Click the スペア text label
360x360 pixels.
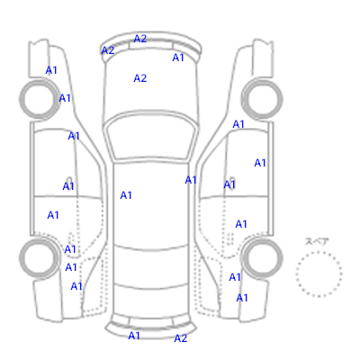click(x=317, y=241)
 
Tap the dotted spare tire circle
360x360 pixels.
click(x=319, y=252)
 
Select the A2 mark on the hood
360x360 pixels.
click(x=140, y=78)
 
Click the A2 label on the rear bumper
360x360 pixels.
click(x=181, y=338)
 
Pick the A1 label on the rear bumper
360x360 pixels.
click(x=134, y=336)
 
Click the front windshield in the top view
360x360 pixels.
click(x=152, y=137)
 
